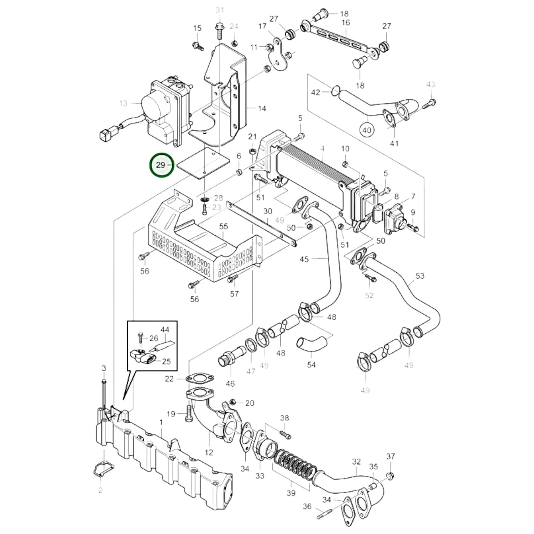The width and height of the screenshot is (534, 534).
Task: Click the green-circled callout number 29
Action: coord(161,165)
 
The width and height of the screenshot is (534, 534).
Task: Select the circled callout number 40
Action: coord(367,130)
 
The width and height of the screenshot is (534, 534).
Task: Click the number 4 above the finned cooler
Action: coord(322,149)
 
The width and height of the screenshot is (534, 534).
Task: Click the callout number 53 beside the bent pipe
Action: coord(420,276)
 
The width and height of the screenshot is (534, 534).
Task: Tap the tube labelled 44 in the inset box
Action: coord(164,347)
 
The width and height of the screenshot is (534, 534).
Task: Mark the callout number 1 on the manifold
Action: coord(161,422)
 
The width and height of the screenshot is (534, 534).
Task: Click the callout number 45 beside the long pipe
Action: coord(304,259)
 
